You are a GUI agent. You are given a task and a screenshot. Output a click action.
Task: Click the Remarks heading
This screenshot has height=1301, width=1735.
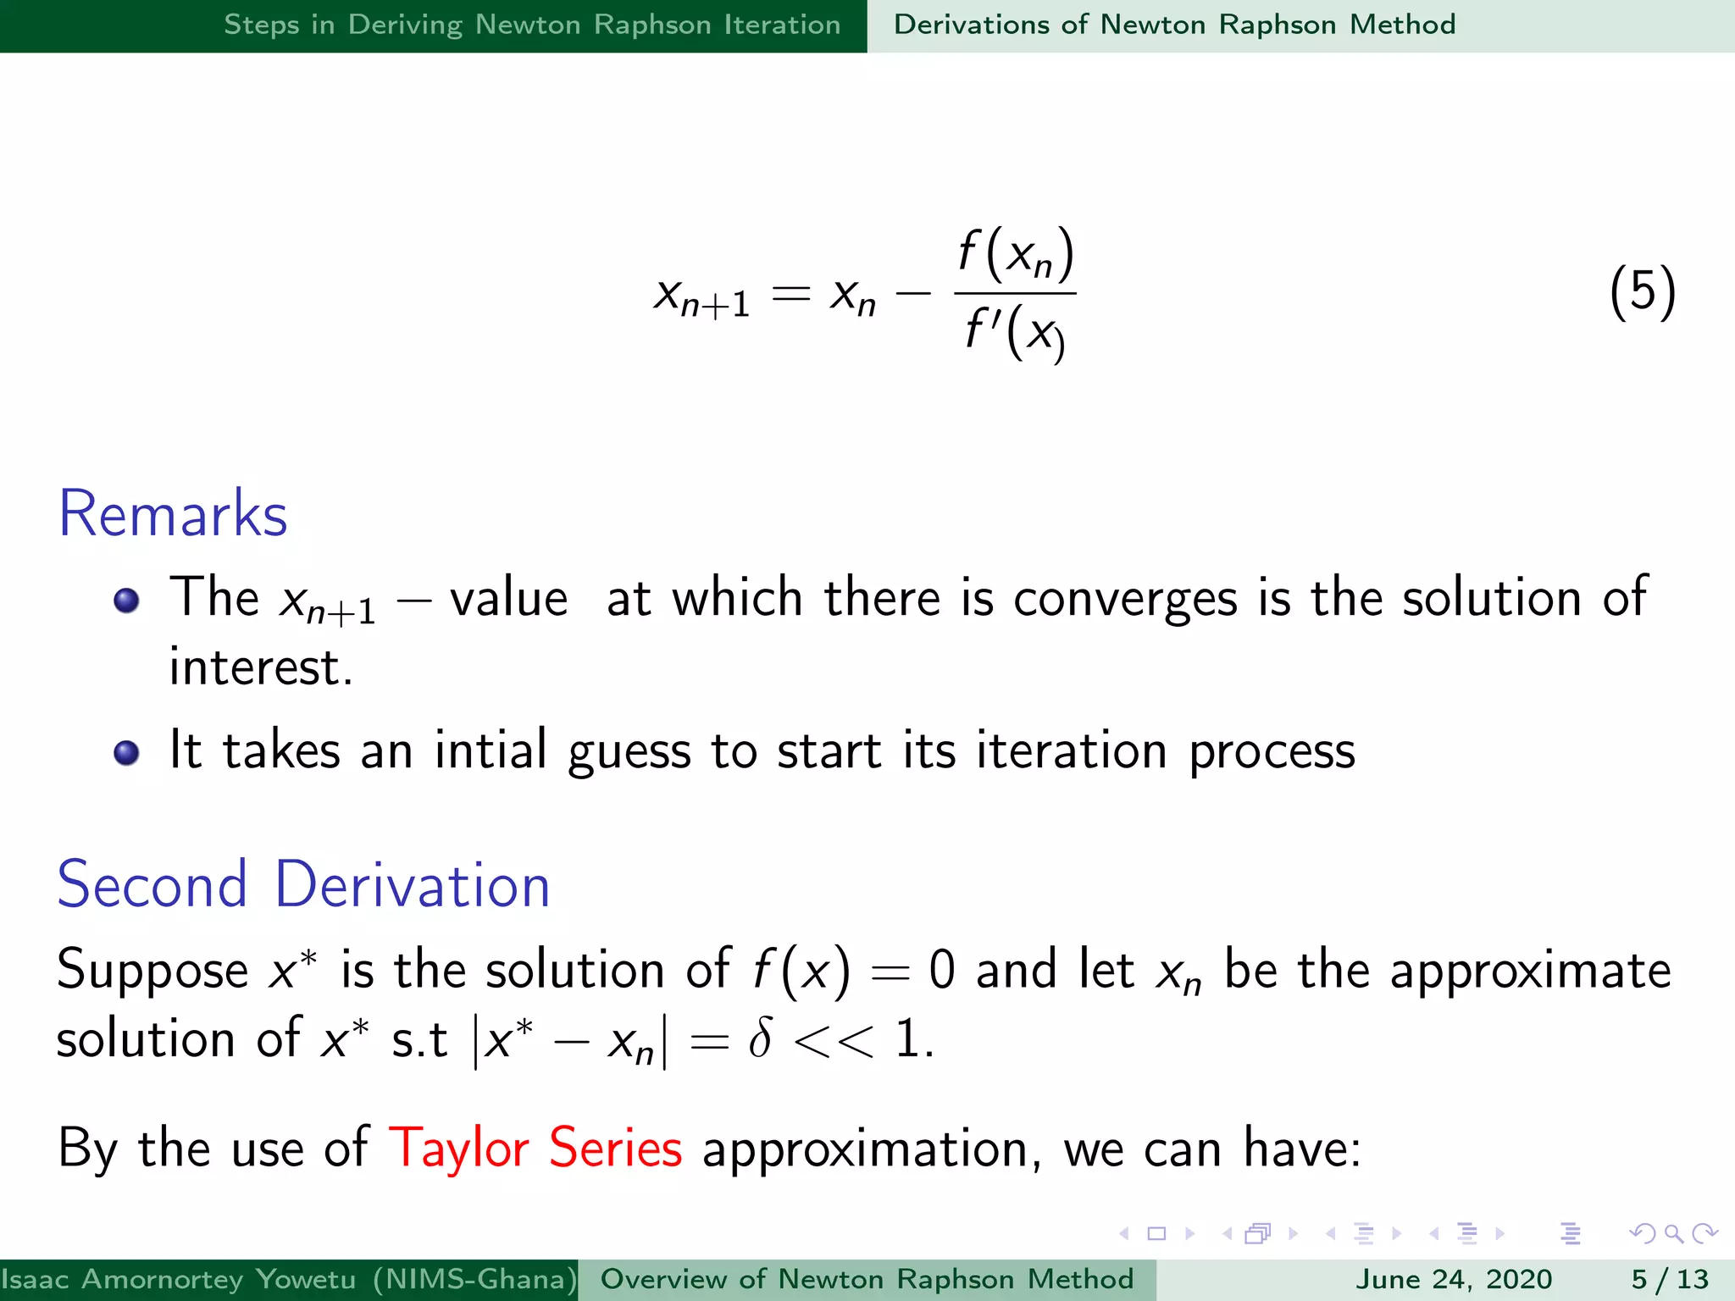point(173,514)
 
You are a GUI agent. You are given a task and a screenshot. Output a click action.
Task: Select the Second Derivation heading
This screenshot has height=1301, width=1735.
point(303,885)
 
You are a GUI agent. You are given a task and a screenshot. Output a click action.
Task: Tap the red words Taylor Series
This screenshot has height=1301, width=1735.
point(535,1149)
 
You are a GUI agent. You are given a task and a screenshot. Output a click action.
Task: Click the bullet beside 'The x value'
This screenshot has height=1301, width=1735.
point(126,601)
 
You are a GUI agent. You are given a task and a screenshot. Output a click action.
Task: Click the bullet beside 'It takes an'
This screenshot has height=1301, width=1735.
point(126,752)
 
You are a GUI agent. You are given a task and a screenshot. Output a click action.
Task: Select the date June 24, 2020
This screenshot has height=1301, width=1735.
point(1454,1279)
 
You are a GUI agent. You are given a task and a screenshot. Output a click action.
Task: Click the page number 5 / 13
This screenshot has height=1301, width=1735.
point(1670,1279)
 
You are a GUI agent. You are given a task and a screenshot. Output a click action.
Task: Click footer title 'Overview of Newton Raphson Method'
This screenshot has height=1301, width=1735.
point(867,1279)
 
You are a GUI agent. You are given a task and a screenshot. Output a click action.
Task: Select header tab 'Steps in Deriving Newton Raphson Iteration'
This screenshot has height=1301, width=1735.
point(532,25)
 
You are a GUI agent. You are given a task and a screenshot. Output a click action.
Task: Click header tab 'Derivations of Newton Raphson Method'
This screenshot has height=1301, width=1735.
point(1174,25)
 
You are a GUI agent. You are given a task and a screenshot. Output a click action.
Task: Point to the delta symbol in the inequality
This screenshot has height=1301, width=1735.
point(760,1039)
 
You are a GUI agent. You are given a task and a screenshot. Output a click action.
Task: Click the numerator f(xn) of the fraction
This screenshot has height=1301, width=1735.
point(1016,255)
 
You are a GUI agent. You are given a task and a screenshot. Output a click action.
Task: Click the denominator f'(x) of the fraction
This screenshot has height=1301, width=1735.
point(1014,332)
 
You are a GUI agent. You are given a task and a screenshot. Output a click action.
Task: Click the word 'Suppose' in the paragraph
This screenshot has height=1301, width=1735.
point(152,971)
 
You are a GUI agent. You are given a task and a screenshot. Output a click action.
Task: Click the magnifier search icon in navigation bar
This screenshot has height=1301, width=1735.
point(1673,1233)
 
